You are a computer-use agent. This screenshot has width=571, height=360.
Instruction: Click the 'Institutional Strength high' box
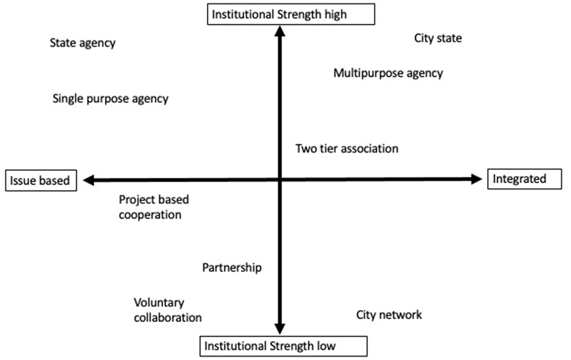(x=291, y=15)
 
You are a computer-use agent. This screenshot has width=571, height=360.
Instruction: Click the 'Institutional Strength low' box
(x=283, y=346)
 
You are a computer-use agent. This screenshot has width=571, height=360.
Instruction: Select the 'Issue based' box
(x=41, y=181)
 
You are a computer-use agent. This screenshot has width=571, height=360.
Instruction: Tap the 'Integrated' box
(x=524, y=179)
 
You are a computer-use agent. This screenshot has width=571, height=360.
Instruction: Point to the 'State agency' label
(x=83, y=43)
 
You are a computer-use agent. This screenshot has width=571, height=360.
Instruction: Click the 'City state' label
(x=438, y=38)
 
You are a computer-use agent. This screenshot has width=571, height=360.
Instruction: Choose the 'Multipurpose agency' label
(x=388, y=73)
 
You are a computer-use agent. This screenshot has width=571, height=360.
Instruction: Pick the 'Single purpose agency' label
(x=110, y=99)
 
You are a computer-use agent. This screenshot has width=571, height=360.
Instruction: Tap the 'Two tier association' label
(x=347, y=149)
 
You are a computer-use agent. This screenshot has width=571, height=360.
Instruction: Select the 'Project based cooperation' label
(x=153, y=207)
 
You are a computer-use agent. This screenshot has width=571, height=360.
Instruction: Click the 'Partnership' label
(x=232, y=268)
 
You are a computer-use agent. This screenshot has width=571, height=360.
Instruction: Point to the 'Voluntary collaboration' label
(x=167, y=310)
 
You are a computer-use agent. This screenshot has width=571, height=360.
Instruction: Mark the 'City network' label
(x=389, y=315)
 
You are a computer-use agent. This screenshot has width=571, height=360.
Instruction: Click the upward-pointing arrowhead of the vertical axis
(x=280, y=32)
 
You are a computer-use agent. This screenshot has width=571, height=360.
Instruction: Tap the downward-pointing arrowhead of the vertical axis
(x=280, y=328)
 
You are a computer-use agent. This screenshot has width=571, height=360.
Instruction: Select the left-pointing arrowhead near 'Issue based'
(x=89, y=180)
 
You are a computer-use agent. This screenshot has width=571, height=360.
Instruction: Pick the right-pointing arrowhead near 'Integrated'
(x=476, y=179)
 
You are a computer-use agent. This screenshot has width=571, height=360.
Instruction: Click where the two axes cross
(x=280, y=179)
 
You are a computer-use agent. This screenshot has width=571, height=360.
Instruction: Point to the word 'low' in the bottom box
(x=326, y=346)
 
